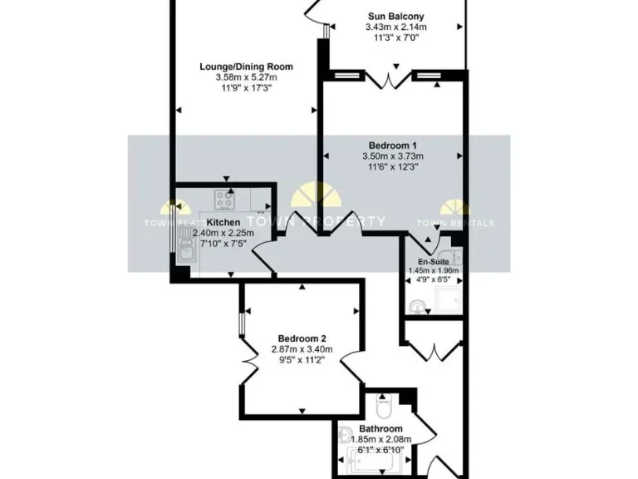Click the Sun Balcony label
395,16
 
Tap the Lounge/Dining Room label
246,67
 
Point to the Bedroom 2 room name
301,338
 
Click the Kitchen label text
223,222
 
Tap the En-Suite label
433,261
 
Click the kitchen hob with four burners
224,200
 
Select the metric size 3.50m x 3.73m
393,156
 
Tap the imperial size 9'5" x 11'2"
301,359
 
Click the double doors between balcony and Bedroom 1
390,79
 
